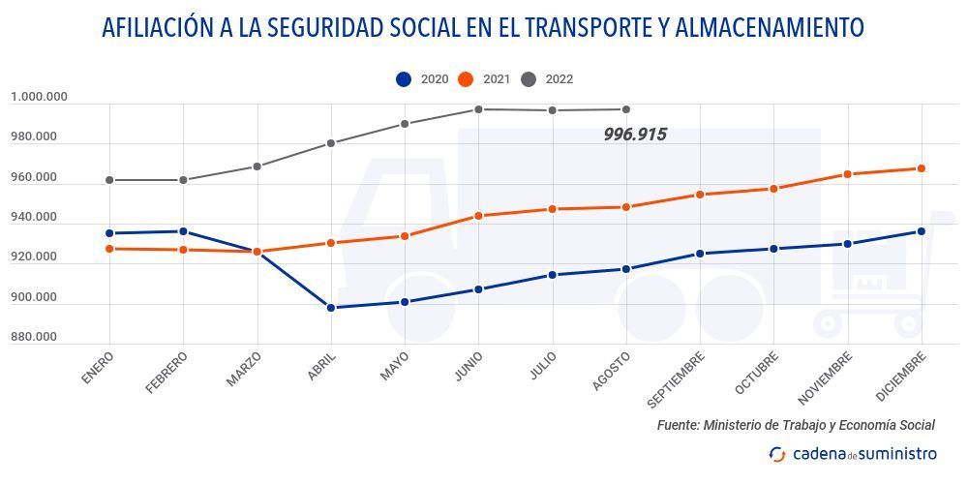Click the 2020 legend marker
click(x=404, y=79)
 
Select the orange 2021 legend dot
click(x=466, y=79)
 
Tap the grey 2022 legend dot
click(x=529, y=79)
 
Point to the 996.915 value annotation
click(x=635, y=135)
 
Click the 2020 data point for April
click(x=331, y=308)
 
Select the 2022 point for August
click(x=626, y=109)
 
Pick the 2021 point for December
click(x=922, y=168)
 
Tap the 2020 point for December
click(x=922, y=231)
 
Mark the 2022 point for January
click(x=109, y=180)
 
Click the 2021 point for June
click(x=478, y=216)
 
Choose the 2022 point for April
click(x=331, y=143)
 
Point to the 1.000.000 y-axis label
click(x=40, y=97)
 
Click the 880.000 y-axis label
click(x=34, y=337)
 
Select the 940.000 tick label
click(x=34, y=217)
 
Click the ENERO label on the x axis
click(x=99, y=369)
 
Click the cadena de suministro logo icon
click(x=777, y=454)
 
